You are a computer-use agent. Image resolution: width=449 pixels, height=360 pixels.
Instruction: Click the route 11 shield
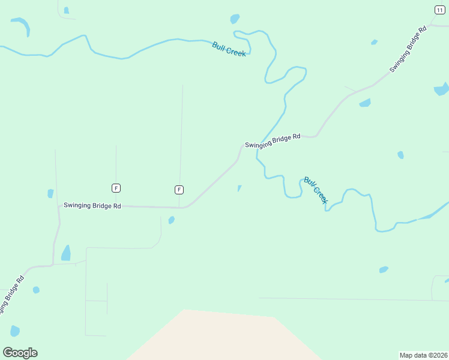pyautogui.click(x=440, y=10)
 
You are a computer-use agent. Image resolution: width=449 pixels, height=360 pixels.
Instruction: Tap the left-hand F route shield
pyautogui.click(x=116, y=188)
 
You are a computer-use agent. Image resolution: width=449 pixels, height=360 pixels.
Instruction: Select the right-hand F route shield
pyautogui.click(x=179, y=190)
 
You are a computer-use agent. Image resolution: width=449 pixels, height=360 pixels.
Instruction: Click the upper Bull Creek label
pyautogui.click(x=229, y=49)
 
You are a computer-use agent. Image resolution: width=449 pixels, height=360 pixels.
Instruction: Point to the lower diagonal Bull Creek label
pyautogui.click(x=315, y=190)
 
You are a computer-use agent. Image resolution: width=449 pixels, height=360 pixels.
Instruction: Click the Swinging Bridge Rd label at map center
pyautogui.click(x=273, y=141)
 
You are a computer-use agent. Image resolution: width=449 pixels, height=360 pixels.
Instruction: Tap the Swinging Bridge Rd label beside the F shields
pyautogui.click(x=92, y=206)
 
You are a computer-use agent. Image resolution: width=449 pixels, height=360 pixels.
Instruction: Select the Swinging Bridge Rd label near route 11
pyautogui.click(x=408, y=49)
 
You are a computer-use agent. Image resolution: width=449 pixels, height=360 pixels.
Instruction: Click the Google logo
pyautogui.click(x=20, y=353)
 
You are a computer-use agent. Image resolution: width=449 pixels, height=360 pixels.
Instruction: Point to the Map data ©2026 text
pyautogui.click(x=423, y=355)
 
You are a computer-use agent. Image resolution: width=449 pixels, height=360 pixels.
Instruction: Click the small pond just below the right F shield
pyautogui.click(x=172, y=220)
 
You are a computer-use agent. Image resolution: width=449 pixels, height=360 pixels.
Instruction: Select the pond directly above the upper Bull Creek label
pyautogui.click(x=235, y=19)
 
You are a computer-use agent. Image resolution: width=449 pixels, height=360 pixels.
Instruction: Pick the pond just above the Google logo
pyautogui.click(x=15, y=331)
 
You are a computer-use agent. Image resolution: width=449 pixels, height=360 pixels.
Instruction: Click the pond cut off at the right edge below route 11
pyautogui.click(x=441, y=90)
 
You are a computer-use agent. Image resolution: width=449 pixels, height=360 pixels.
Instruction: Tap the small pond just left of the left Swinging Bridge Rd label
pyautogui.click(x=50, y=194)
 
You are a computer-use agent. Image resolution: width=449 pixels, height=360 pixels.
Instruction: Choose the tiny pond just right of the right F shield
pyautogui.click(x=239, y=188)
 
